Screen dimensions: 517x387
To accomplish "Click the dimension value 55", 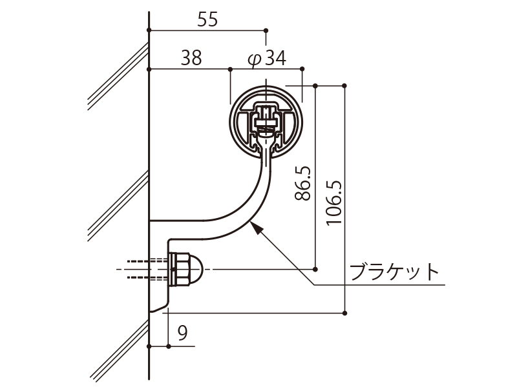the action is click(x=207, y=19).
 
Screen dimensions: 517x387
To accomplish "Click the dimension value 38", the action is click(x=191, y=58).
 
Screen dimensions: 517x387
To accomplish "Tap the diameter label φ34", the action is click(x=267, y=58).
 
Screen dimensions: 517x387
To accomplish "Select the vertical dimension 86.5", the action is click(x=302, y=183).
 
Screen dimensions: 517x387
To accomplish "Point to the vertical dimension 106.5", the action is click(x=334, y=203).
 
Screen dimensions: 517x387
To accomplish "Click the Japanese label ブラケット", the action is click(x=394, y=272).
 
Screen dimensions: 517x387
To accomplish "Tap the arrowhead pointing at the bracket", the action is click(x=255, y=227).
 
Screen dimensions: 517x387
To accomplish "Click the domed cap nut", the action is click(x=185, y=270).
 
